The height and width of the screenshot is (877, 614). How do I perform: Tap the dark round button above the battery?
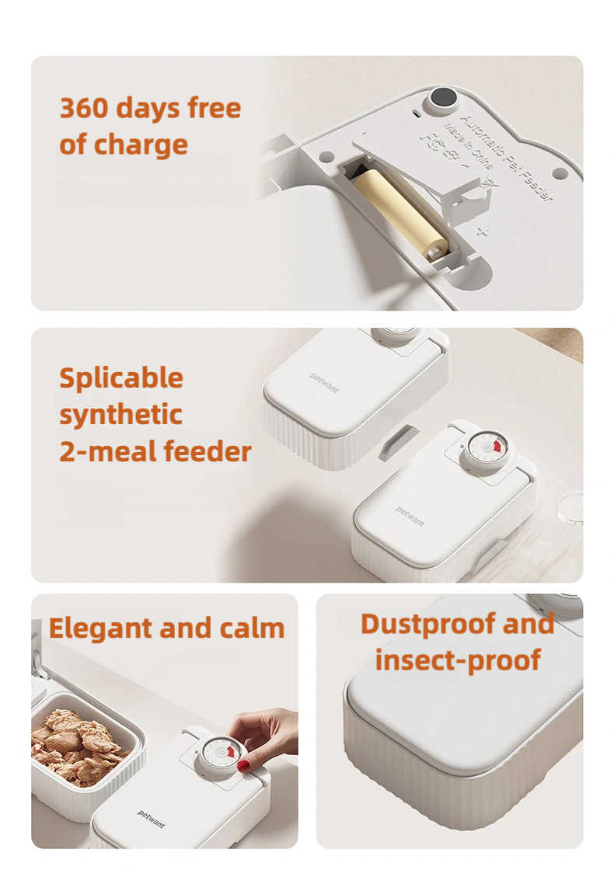click(x=444, y=98)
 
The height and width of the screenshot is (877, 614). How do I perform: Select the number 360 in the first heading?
click(x=87, y=108)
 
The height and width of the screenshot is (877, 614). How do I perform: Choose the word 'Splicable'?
click(x=121, y=378)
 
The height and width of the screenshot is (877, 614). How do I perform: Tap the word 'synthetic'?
click(x=120, y=414)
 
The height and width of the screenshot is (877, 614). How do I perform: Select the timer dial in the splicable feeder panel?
click(x=481, y=449)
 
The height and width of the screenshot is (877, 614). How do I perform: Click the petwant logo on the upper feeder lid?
click(x=324, y=382)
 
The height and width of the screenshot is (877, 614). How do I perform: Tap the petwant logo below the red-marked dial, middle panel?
click(x=410, y=517)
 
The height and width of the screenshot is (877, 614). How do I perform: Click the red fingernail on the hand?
click(x=243, y=766)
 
